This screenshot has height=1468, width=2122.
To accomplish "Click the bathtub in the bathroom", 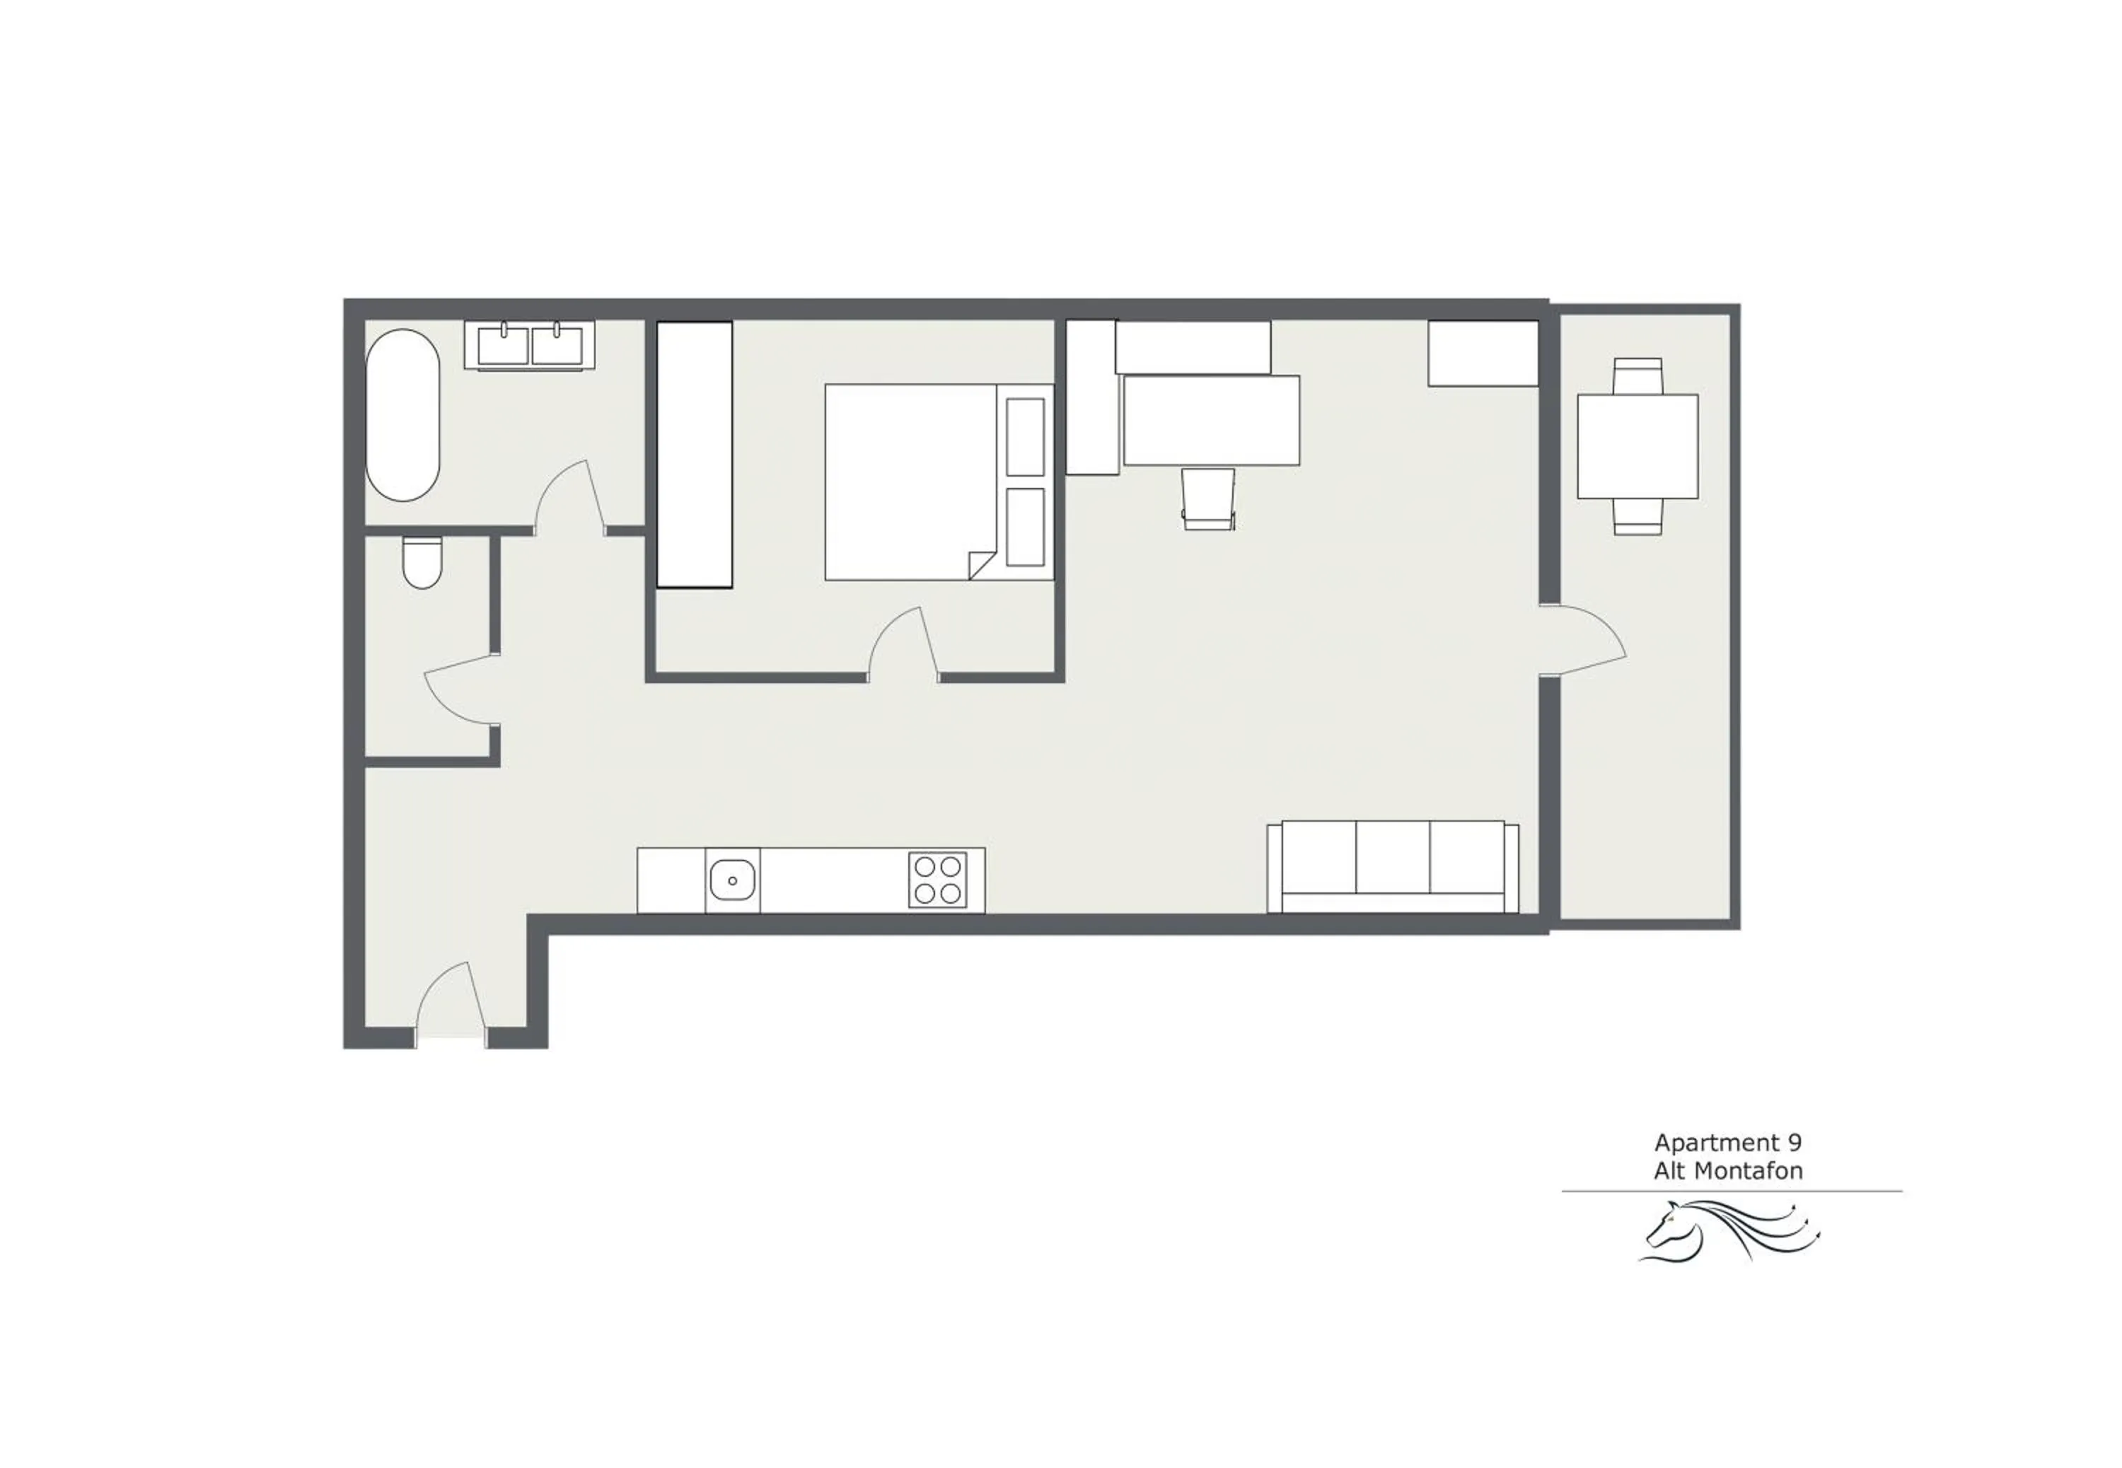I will coord(403,416).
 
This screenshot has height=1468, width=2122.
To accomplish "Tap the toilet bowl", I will coord(422,564).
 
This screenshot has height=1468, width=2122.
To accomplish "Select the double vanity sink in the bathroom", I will coord(530,346).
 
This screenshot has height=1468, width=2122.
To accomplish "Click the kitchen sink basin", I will coord(732,880).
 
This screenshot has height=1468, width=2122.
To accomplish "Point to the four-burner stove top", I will coord(937,880).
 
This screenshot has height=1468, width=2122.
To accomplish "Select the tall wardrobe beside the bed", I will coord(695,455).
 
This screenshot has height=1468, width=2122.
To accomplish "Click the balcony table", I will coord(1637,446).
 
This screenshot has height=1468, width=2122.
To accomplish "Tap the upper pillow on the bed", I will coord(1025,437).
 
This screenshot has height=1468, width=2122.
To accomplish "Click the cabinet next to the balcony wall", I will coord(1482,353).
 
